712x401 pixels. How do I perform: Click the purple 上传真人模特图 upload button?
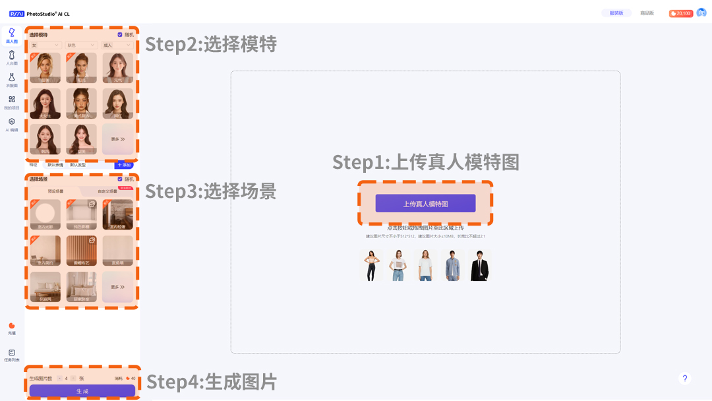coord(425,203)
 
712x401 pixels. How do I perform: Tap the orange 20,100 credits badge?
coord(680,13)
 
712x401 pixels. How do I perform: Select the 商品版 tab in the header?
coord(647,13)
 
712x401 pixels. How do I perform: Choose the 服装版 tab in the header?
coord(616,13)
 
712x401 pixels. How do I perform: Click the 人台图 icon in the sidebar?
coord(12,58)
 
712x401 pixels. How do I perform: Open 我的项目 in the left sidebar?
coord(12,102)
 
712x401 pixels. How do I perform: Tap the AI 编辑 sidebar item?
coord(12,125)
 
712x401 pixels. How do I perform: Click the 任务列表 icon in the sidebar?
coord(12,355)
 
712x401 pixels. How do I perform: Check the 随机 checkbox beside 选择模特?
coord(120,34)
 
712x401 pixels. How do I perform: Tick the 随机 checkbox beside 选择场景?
coord(120,179)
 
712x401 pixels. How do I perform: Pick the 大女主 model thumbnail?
coord(45,104)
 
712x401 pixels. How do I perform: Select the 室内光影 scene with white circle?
coord(45,214)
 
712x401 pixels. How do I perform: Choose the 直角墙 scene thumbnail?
coord(117,251)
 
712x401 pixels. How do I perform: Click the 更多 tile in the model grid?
coord(117,139)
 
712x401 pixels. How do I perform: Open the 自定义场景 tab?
coord(107,191)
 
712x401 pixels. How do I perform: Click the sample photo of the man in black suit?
coord(480,265)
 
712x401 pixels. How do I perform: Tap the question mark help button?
coord(685,378)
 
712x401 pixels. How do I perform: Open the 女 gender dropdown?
coord(45,46)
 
